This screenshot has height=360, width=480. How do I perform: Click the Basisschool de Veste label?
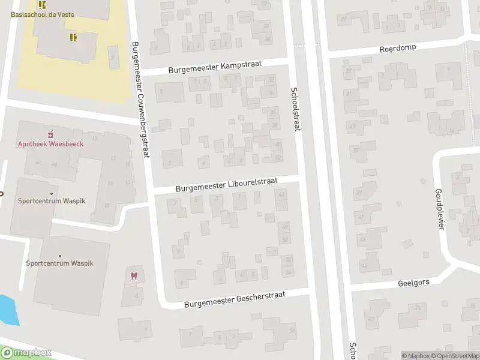tap(43, 14)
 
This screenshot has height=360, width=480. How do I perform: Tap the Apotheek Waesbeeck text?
tap(50, 143)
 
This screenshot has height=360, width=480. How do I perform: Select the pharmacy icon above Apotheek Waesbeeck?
tap(50, 133)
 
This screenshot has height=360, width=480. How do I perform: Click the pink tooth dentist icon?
tap(133, 276)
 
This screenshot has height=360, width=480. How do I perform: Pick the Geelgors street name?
tap(413, 283)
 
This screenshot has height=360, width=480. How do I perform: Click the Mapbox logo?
tap(26, 353)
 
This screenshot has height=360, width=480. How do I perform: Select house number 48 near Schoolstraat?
tap(284, 227)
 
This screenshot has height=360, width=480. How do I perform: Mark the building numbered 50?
tap(285, 239)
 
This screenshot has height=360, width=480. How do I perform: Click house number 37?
tap(356, 151)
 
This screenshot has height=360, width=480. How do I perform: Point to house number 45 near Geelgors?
tap(364, 265)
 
